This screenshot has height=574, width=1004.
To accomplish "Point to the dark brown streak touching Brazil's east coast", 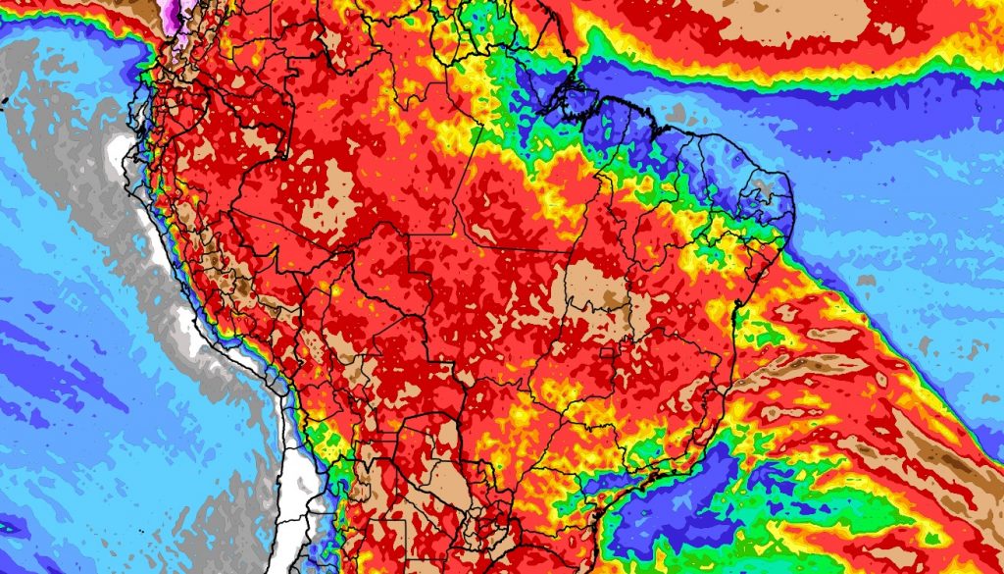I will click(x=775, y=368).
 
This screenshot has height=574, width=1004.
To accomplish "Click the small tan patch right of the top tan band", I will click(x=893, y=34).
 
